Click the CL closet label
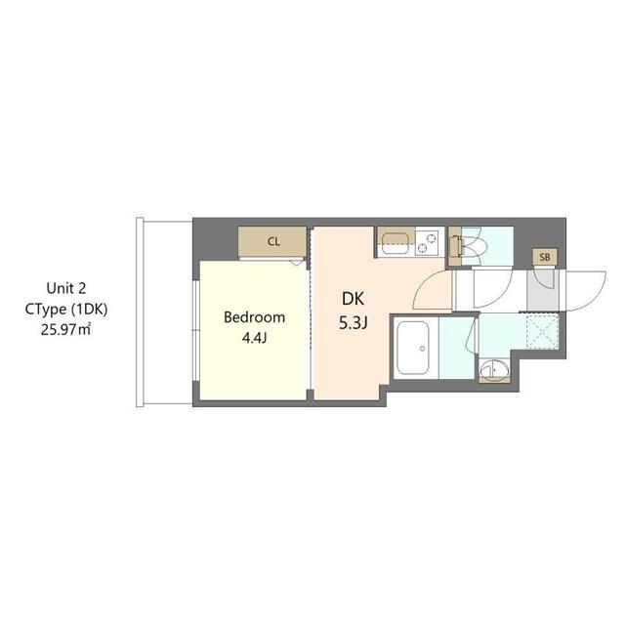point(273,241)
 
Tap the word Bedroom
point(254,317)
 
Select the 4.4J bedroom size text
point(254,339)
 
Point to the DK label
point(351,301)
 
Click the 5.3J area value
point(351,323)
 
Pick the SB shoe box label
point(545,257)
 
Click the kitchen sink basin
point(395,241)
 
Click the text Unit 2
point(66,288)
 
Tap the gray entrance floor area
point(539,289)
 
